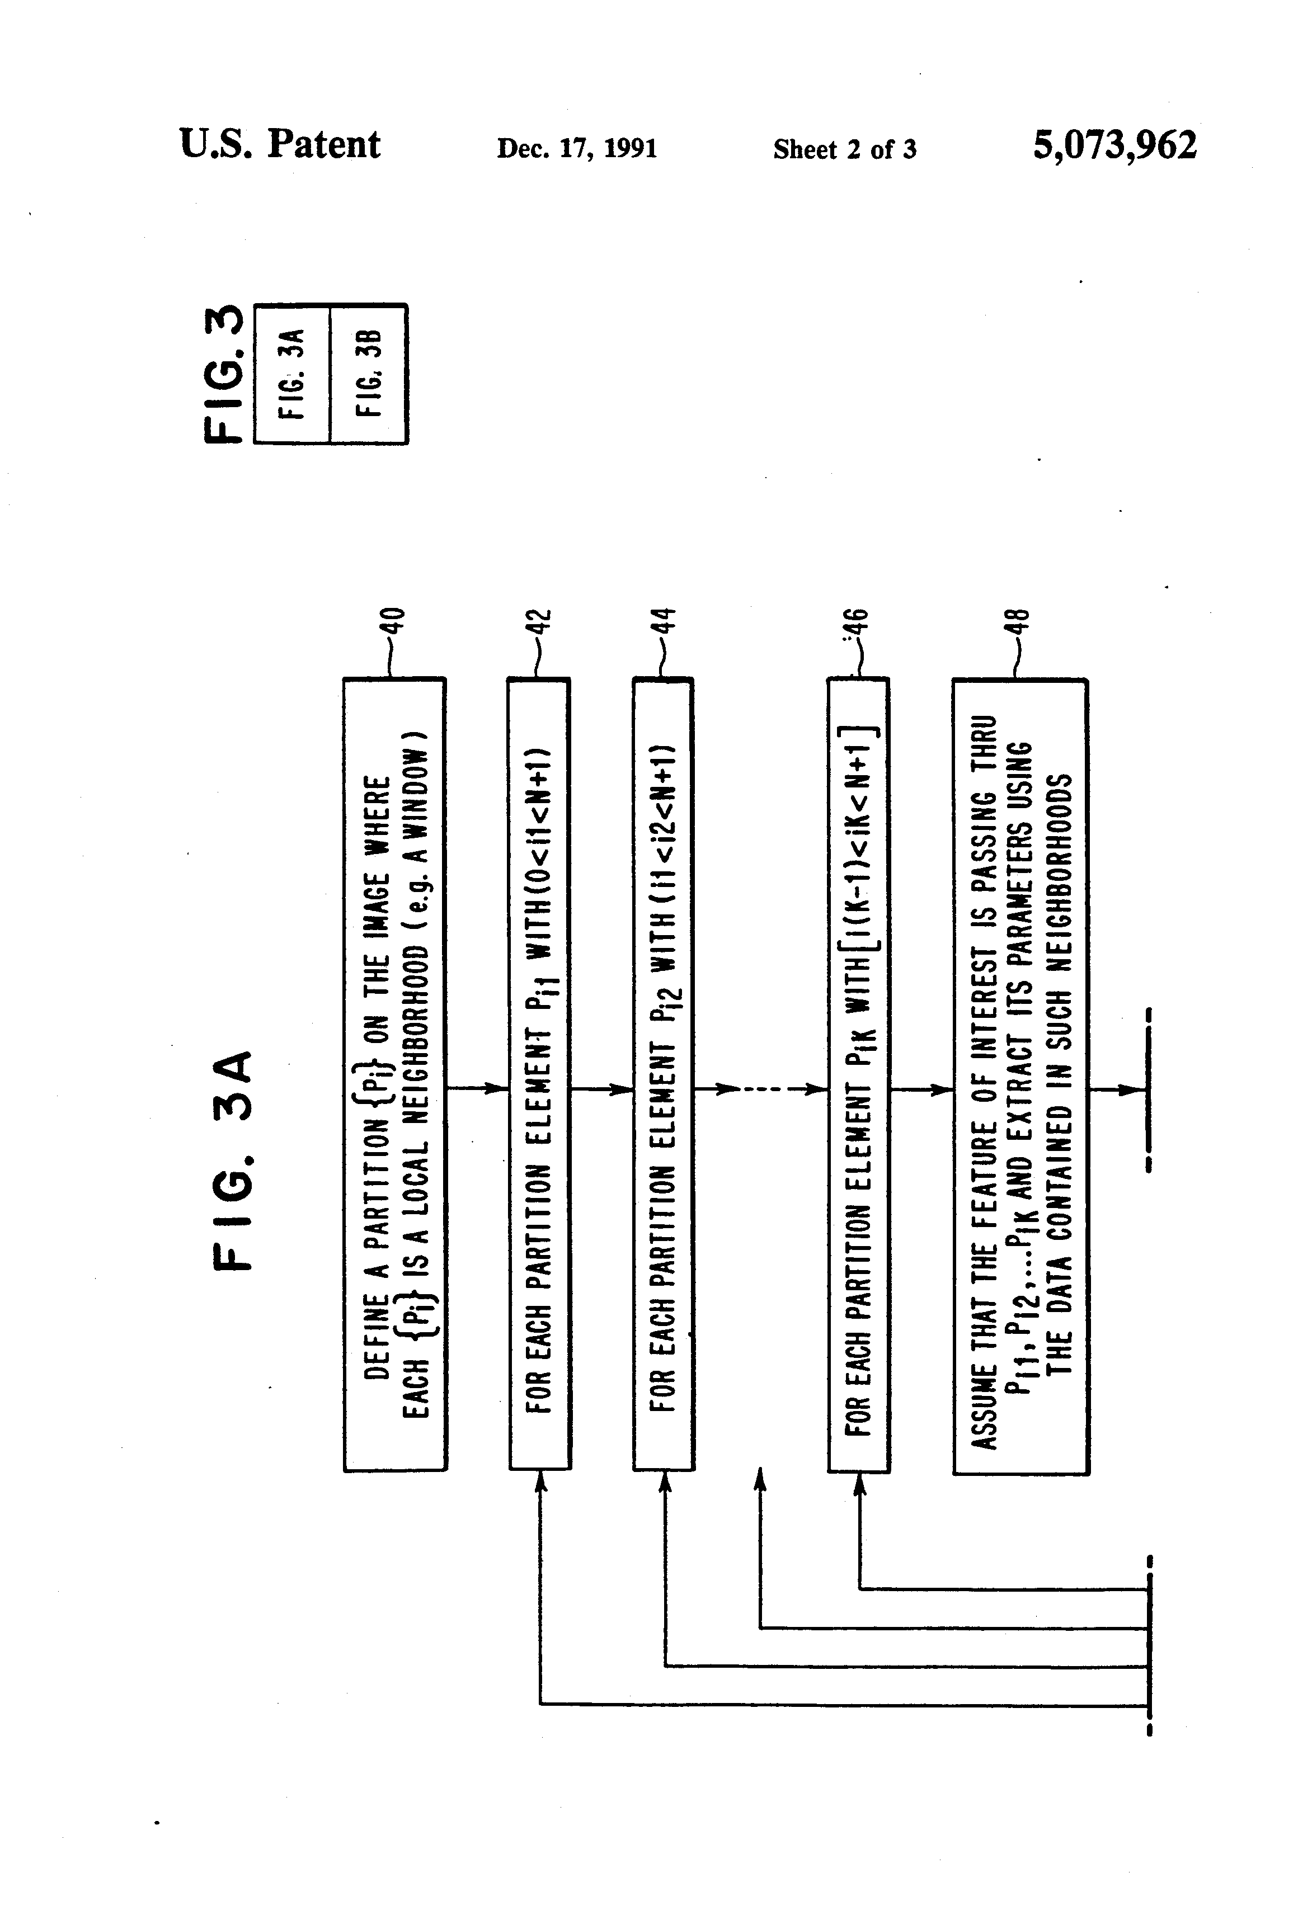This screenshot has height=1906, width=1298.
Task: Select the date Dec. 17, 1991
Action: tap(577, 148)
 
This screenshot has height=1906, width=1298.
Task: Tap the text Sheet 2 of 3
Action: tap(844, 149)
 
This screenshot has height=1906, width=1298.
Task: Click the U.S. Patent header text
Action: tap(280, 144)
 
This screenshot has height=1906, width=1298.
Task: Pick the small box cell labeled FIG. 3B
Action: tap(368, 374)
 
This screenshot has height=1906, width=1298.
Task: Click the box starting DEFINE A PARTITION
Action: tap(394, 1074)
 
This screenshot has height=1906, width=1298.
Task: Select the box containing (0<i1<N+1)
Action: tap(539, 1074)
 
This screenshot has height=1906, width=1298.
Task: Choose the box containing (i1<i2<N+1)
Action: tap(663, 1074)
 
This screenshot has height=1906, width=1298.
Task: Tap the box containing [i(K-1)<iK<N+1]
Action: tap(858, 1074)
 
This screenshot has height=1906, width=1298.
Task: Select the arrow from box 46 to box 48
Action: tap(920, 1089)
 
